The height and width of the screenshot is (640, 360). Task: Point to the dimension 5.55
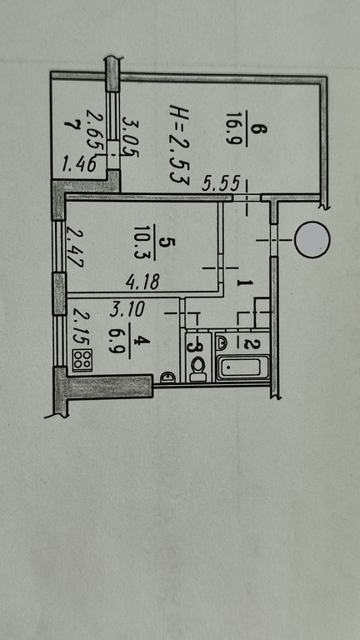click(x=221, y=184)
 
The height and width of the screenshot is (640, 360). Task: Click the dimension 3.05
click(x=131, y=137)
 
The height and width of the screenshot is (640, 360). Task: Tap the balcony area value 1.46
click(x=80, y=165)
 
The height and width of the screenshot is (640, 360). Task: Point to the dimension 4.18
click(x=142, y=281)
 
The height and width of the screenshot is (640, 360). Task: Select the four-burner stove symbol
click(x=82, y=360)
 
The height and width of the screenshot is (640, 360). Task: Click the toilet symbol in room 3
click(x=199, y=368)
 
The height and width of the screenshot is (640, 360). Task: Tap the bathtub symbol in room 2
click(x=242, y=367)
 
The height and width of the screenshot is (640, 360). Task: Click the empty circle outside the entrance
click(x=312, y=240)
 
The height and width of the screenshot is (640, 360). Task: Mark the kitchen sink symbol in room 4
click(x=167, y=377)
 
